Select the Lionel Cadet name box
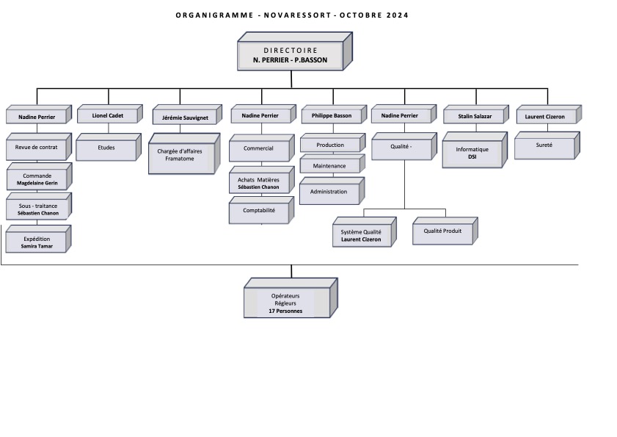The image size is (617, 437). (109, 115)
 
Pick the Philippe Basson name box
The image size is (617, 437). (334, 115)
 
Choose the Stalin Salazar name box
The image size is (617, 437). (475, 115)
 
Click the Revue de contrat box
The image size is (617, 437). (39, 147)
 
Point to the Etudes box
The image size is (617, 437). (108, 147)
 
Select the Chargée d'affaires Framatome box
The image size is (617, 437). (183, 154)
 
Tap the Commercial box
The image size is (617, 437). (261, 148)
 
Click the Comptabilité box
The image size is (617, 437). (261, 210)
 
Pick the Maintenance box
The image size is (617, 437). (332, 164)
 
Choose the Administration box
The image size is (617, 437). (332, 191)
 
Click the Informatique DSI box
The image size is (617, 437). (475, 150)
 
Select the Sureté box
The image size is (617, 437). (547, 145)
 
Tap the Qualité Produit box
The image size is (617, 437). (445, 231)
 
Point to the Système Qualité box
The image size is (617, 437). (365, 232)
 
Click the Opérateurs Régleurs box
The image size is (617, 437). (291, 298)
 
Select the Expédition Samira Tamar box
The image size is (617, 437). (38, 239)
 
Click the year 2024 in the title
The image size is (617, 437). (397, 15)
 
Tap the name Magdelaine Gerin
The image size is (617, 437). (37, 183)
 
